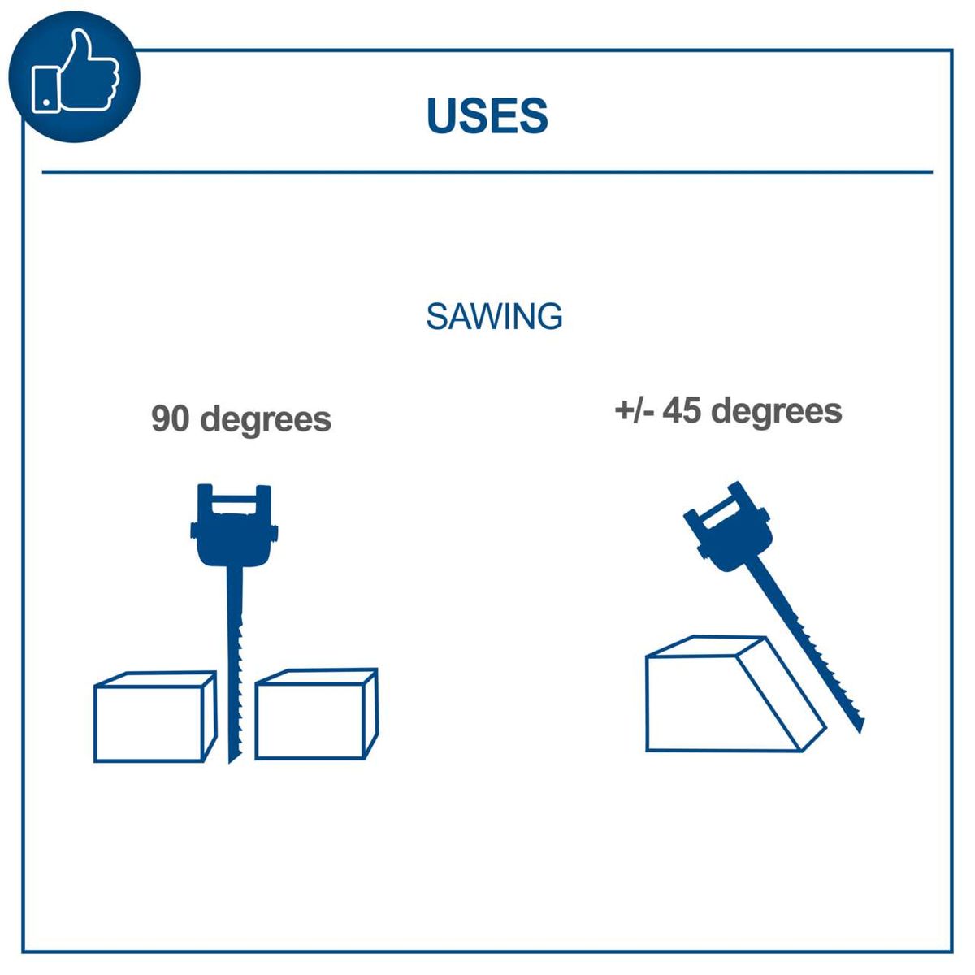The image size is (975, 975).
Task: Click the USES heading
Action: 487,115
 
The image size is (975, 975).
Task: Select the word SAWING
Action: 494,316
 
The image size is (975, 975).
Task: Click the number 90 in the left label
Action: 171,419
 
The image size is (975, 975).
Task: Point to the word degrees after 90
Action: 266,421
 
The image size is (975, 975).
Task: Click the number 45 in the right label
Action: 682,410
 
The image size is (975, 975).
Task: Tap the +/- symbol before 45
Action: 635,410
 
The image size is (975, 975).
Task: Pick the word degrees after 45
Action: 777,412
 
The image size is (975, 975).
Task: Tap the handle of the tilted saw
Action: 729,524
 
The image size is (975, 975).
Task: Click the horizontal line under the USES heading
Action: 487,172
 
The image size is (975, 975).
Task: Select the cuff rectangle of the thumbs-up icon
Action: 45,89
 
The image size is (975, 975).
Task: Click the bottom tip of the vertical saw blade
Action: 232,760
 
